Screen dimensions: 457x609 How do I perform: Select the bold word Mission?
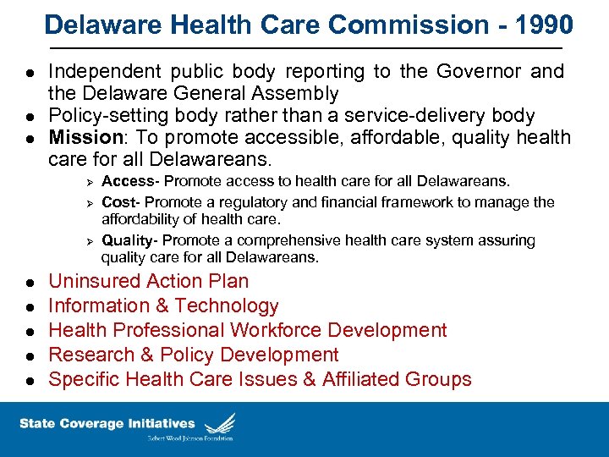coord(85,137)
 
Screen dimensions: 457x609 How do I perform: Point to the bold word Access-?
coord(130,180)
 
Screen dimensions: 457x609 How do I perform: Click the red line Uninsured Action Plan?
coord(148,281)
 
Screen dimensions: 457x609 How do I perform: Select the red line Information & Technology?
coord(163,306)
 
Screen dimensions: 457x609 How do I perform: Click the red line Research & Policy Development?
coord(193,355)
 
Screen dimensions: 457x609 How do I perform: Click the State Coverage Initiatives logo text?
coord(107,423)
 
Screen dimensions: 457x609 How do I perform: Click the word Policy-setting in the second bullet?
coord(107,115)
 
